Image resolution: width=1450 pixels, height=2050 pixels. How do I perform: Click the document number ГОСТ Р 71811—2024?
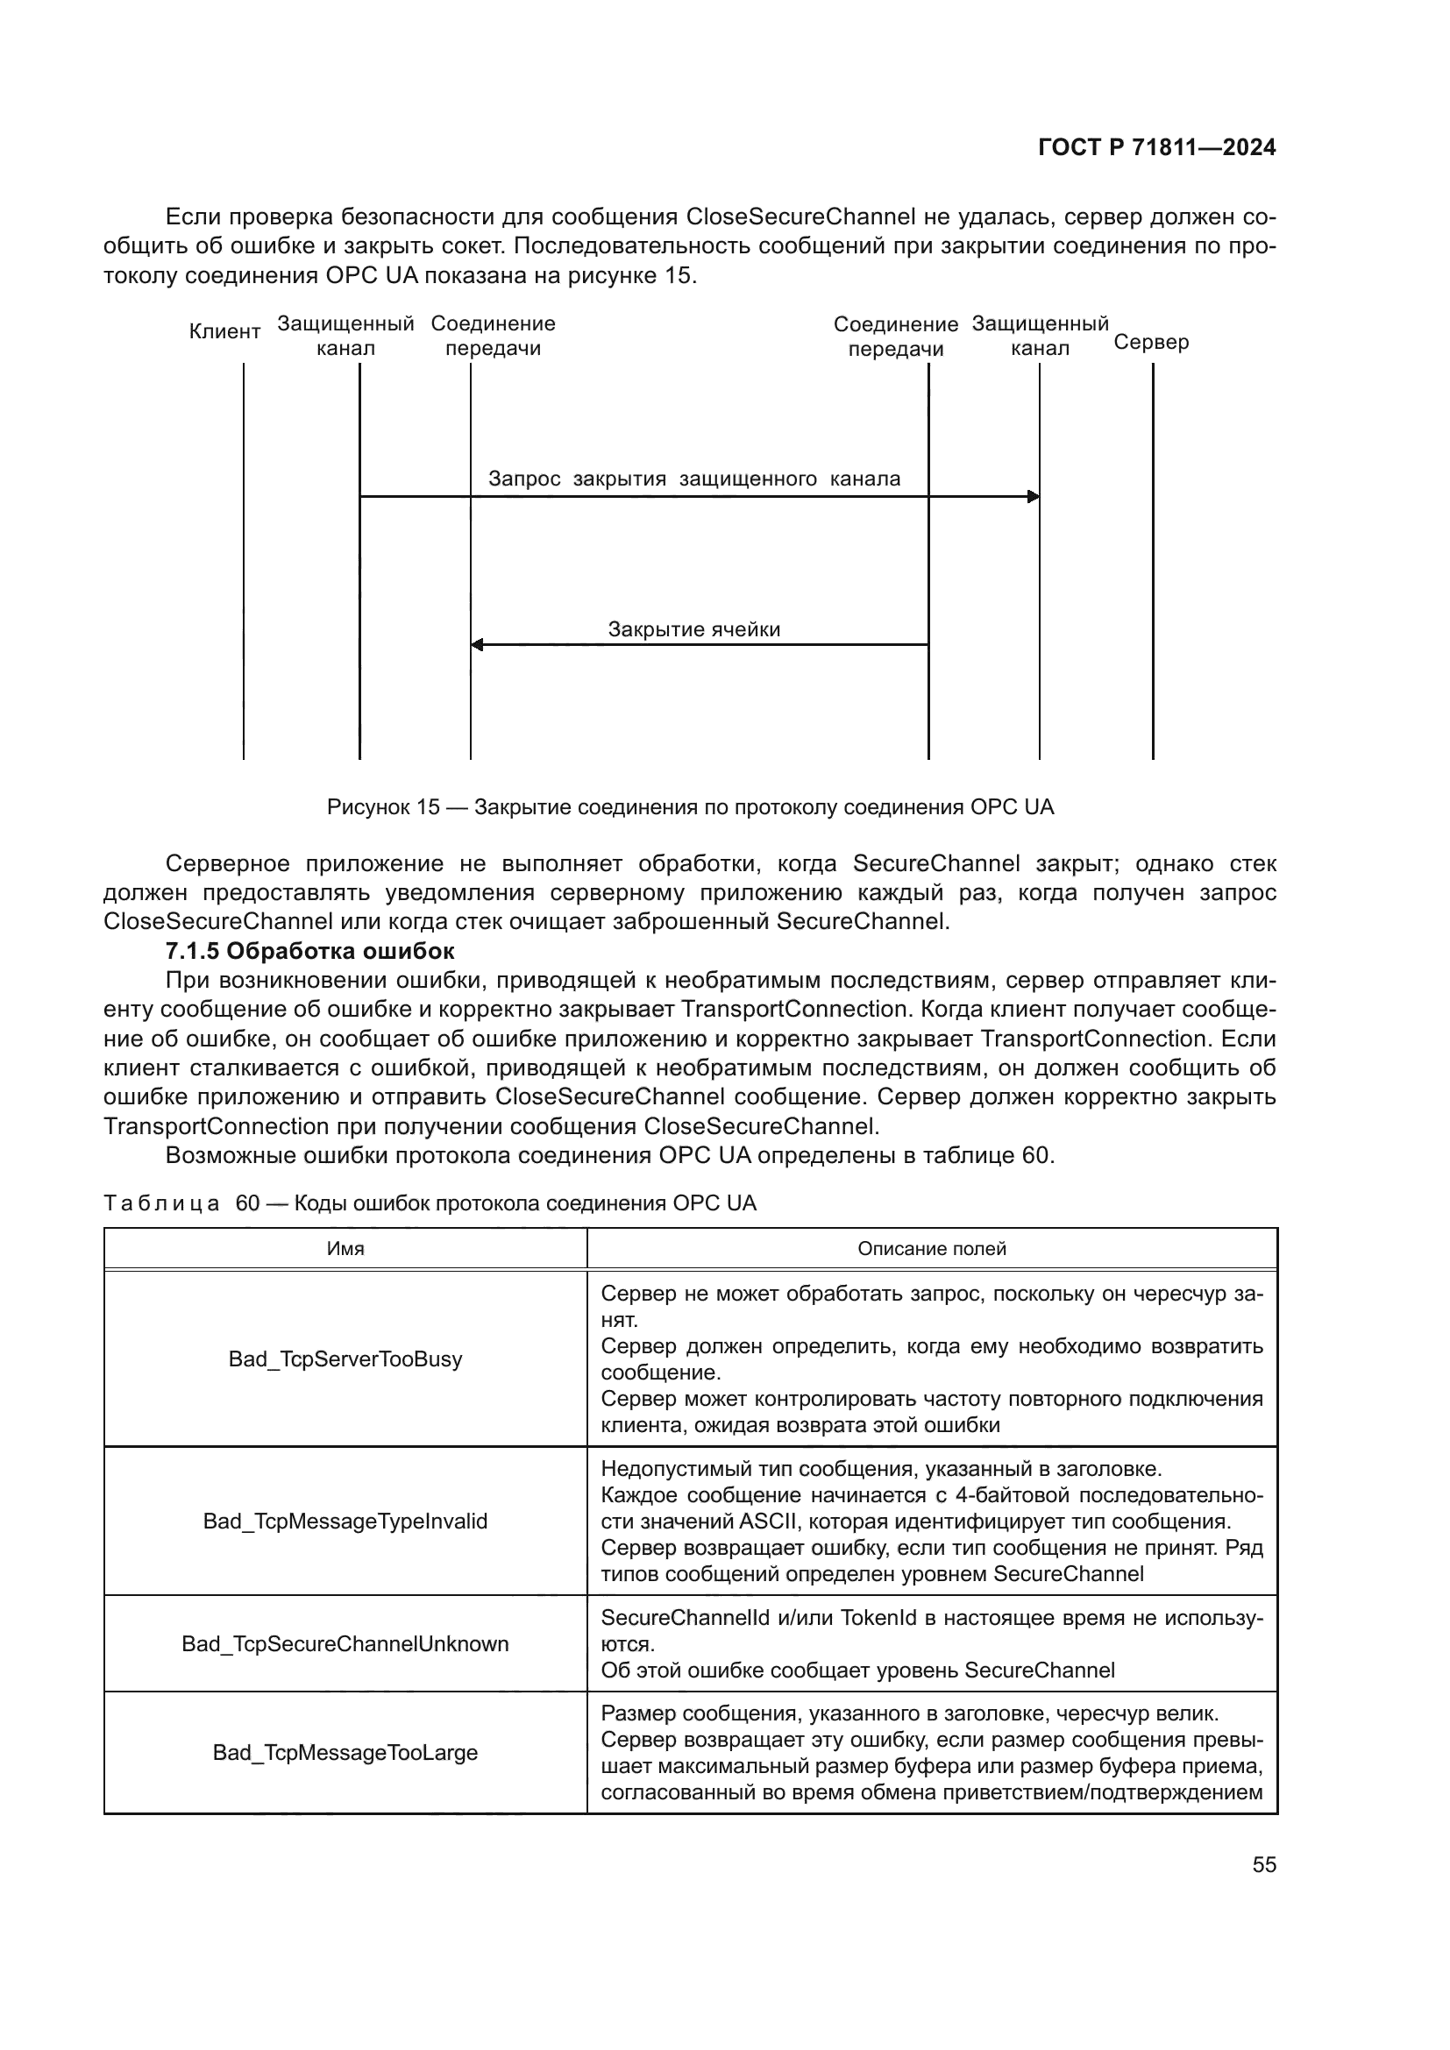tap(1156, 148)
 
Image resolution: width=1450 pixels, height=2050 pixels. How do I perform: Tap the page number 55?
tap(1263, 1864)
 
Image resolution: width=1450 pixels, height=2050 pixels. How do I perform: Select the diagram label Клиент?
tap(225, 332)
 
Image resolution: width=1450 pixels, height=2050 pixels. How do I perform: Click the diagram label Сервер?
tap(1151, 343)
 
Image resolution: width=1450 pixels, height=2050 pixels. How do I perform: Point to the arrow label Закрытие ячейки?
tap(693, 629)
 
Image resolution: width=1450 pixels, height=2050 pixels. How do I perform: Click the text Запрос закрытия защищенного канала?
tap(693, 479)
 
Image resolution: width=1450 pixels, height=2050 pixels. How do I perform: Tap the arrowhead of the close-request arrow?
tap(1033, 496)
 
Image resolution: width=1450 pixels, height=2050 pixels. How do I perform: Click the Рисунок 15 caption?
tap(690, 807)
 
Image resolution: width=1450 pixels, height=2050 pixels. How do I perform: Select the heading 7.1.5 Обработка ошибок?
tap(309, 950)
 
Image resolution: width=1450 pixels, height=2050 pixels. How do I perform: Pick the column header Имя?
tap(345, 1248)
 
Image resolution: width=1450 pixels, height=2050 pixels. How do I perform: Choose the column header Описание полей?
tap(931, 1248)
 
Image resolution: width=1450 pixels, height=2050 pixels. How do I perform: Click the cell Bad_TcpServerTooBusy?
tap(345, 1359)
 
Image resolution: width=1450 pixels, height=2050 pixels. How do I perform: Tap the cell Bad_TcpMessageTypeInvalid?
tap(345, 1521)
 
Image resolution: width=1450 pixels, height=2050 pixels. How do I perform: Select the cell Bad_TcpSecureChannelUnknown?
tap(345, 1643)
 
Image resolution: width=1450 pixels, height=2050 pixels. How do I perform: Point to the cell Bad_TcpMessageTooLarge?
tap(345, 1753)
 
